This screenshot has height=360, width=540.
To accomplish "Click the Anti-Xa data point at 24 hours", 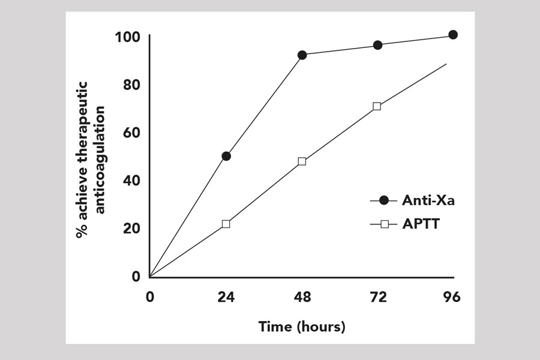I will pos(226,156).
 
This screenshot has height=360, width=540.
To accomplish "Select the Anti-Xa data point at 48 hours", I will pos(302,55).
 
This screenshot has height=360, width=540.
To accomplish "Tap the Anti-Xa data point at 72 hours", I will pos(378,45).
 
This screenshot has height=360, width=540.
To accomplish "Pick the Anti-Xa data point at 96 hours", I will pos(453,35).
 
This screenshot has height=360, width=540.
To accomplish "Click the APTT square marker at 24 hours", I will pos(226,224).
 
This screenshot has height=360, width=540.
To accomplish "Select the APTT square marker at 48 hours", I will pos(302,161).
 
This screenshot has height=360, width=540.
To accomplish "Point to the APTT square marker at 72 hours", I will pos(377,106).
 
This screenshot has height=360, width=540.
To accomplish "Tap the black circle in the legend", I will pos(384,201).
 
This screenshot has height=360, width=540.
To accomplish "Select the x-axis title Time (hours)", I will pos(302,327).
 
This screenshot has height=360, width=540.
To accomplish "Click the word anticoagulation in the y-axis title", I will pos(100,159).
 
